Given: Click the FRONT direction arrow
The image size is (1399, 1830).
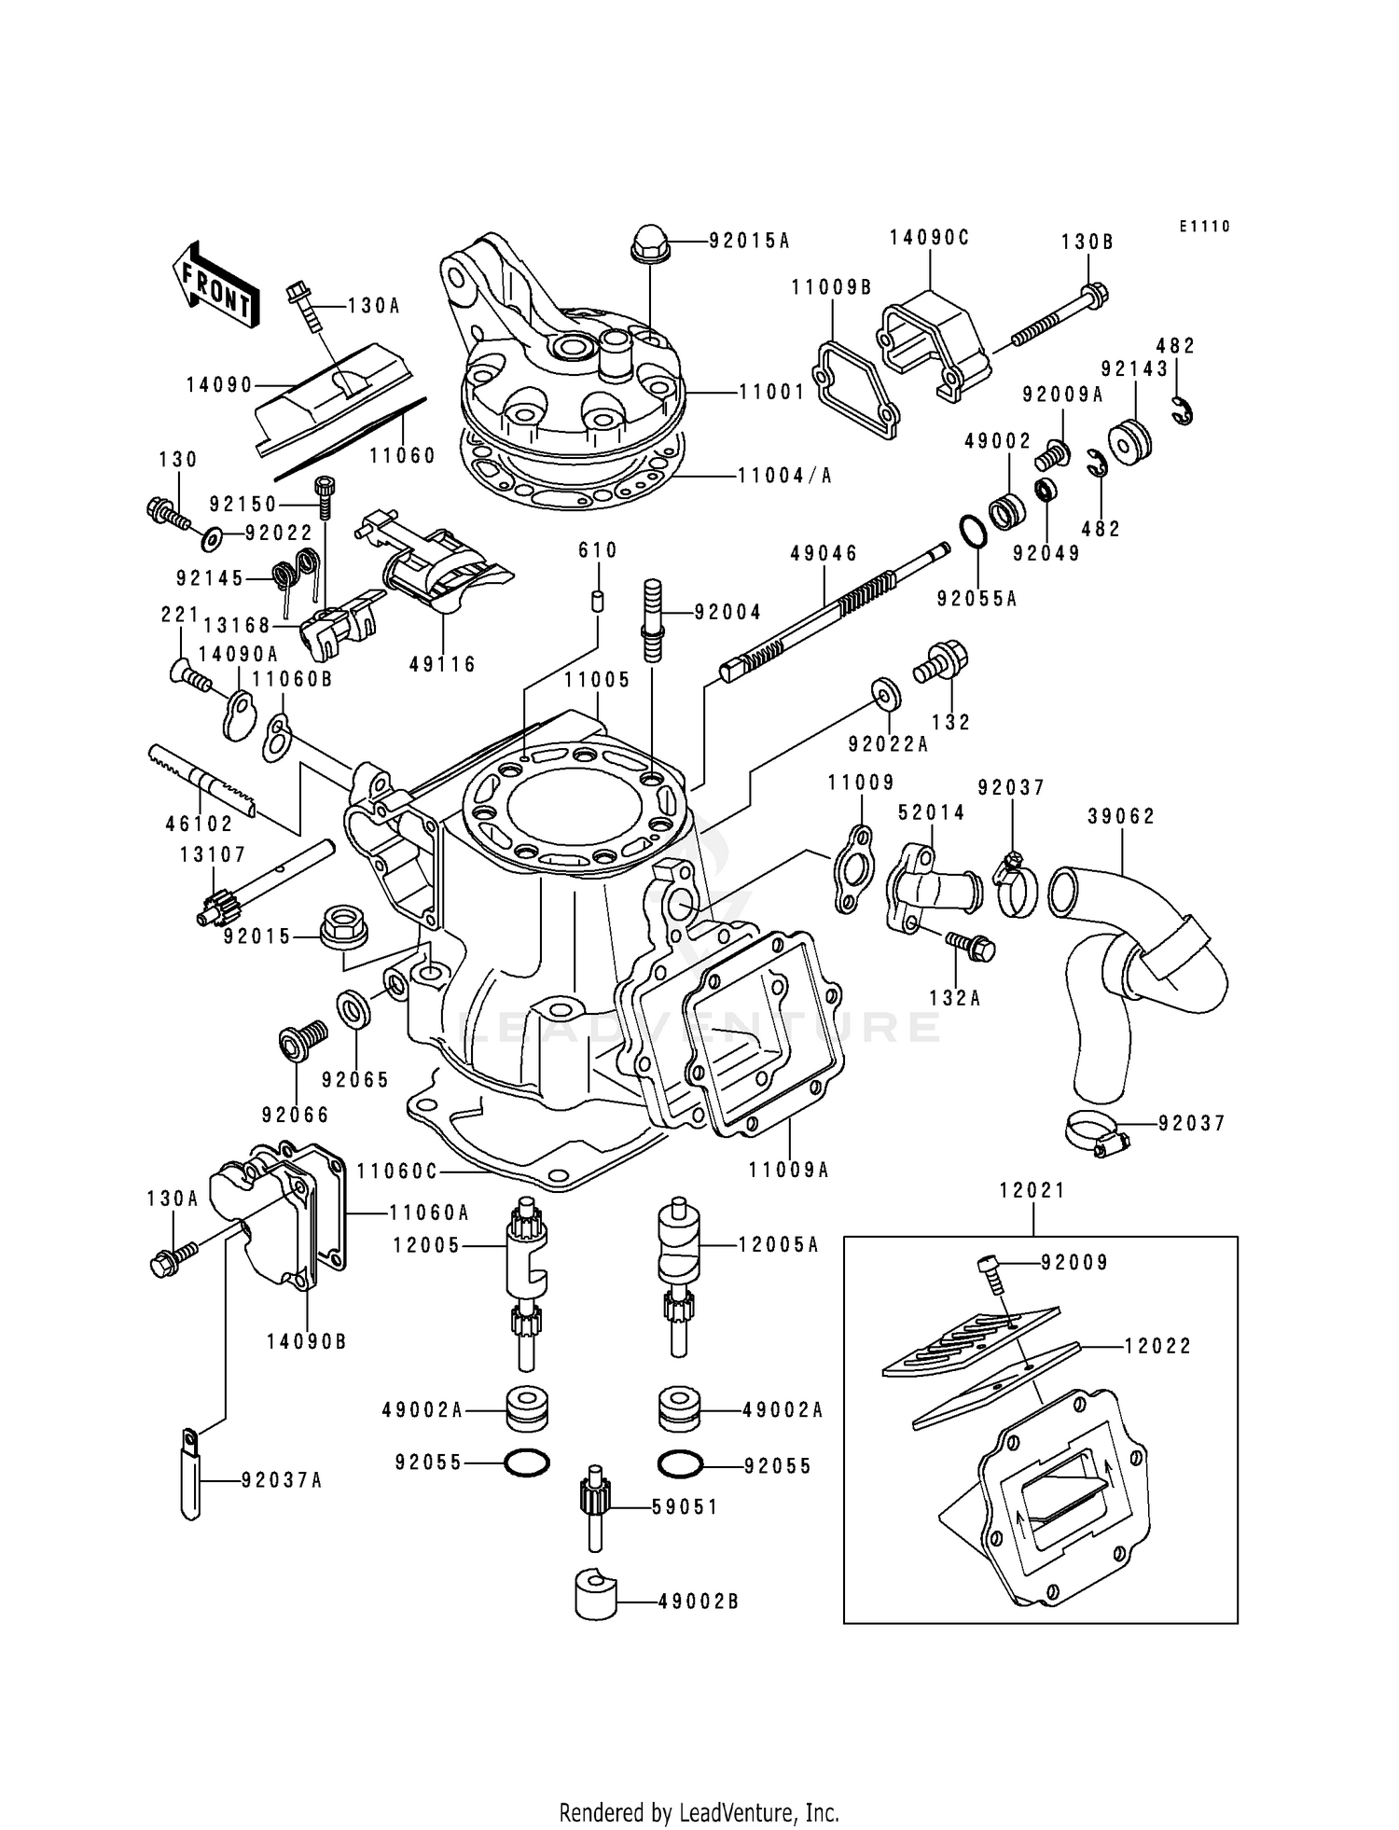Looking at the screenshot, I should [x=213, y=284].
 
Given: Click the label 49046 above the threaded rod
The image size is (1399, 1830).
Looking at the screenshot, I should [x=824, y=554].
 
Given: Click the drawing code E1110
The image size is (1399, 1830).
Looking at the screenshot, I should [x=1204, y=227].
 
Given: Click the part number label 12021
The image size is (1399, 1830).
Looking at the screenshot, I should [x=1032, y=1191].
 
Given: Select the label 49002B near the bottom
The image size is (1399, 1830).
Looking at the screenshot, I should [x=699, y=1601].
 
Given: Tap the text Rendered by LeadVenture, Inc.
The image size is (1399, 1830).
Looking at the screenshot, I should [x=699, y=1812].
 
